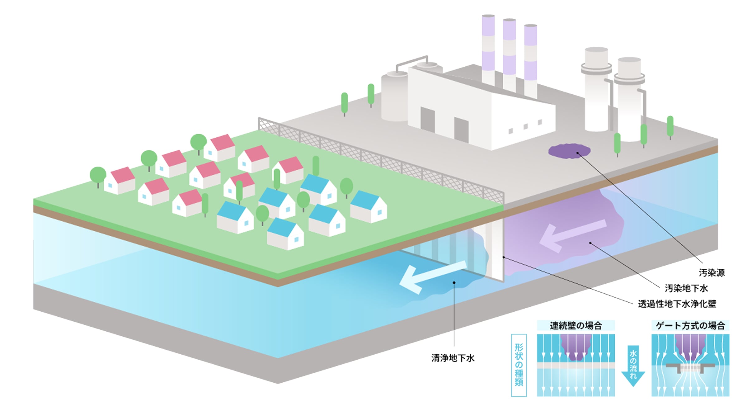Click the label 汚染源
(712, 273)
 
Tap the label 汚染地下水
(686, 288)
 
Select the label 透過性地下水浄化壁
(677, 304)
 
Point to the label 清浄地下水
(453, 358)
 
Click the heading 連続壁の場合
(576, 326)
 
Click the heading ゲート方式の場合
(690, 326)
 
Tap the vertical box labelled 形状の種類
(519, 365)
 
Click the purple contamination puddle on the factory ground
(569, 151)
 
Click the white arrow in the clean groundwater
(431, 277)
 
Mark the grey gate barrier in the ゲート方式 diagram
(690, 366)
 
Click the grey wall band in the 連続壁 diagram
(576, 365)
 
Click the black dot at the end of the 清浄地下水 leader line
(454, 283)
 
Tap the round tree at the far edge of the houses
(198, 142)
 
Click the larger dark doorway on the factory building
(428, 120)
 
